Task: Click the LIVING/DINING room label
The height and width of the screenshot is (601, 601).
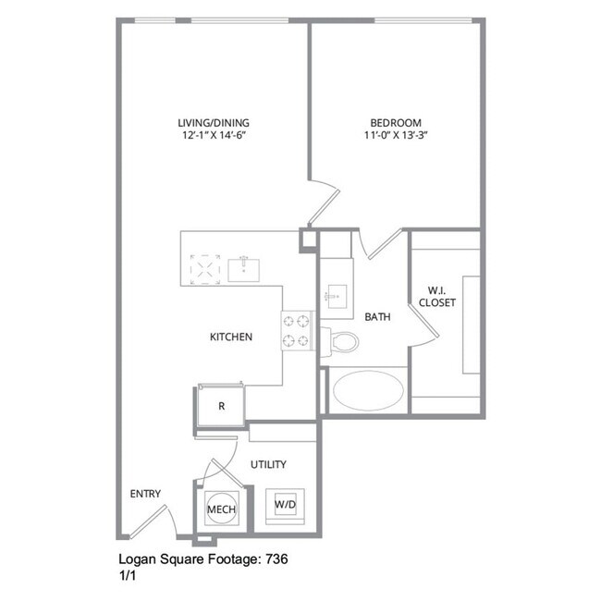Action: [214, 122]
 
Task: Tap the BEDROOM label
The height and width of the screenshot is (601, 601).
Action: [396, 122]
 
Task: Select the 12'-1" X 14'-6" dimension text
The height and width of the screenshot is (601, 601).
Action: [214, 136]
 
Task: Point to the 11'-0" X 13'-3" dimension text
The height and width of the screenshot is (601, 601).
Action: [396, 136]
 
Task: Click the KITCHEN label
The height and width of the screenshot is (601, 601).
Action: [231, 337]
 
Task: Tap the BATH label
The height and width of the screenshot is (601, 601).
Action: [377, 316]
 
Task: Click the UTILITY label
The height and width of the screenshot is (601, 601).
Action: [268, 464]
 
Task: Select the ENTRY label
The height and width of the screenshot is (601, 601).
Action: [146, 494]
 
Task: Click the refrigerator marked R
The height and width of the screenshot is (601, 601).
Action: [222, 406]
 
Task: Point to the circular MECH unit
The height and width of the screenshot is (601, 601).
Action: [221, 509]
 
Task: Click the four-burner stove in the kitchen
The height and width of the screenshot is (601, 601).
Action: [299, 331]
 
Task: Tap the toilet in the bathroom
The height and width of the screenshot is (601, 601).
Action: [342, 341]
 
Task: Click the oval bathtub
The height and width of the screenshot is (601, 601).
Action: [369, 391]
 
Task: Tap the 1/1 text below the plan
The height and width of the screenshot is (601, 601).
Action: [128, 574]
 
